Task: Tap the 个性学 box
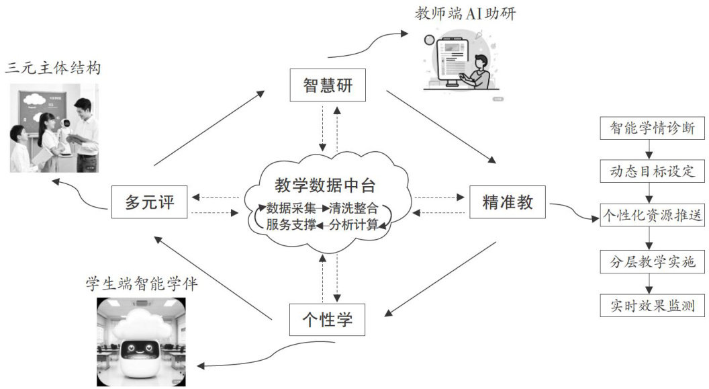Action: (x=328, y=319)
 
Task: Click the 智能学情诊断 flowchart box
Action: (x=647, y=127)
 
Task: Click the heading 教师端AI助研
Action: (x=466, y=13)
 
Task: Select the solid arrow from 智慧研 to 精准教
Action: (x=441, y=127)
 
